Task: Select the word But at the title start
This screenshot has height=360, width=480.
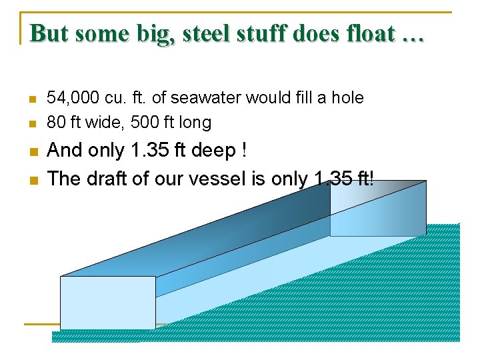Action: click(x=50, y=33)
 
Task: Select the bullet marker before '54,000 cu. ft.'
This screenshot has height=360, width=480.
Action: click(x=31, y=99)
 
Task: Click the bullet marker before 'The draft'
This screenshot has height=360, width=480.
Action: click(x=31, y=180)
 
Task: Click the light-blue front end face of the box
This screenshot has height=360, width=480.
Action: click(x=107, y=302)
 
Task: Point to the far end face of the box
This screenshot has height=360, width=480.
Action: click(x=377, y=208)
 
